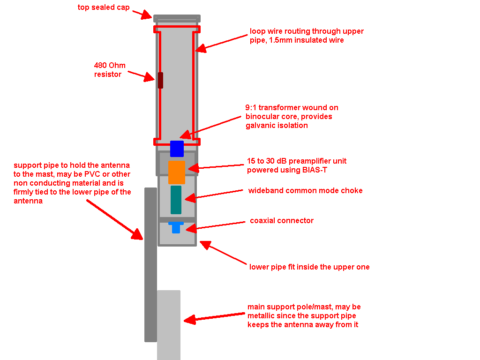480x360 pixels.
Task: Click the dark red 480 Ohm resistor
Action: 160,80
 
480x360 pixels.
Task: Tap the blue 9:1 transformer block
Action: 177,148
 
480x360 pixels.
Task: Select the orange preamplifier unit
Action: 177,172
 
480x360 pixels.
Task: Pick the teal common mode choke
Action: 176,200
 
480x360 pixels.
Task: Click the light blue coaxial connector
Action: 176,227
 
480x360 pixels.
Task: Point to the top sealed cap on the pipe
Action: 177,18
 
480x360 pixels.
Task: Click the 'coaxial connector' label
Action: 282,220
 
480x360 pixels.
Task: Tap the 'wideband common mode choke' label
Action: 305,190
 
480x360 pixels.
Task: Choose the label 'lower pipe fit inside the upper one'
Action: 309,267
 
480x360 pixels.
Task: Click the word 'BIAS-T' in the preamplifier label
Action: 314,170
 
